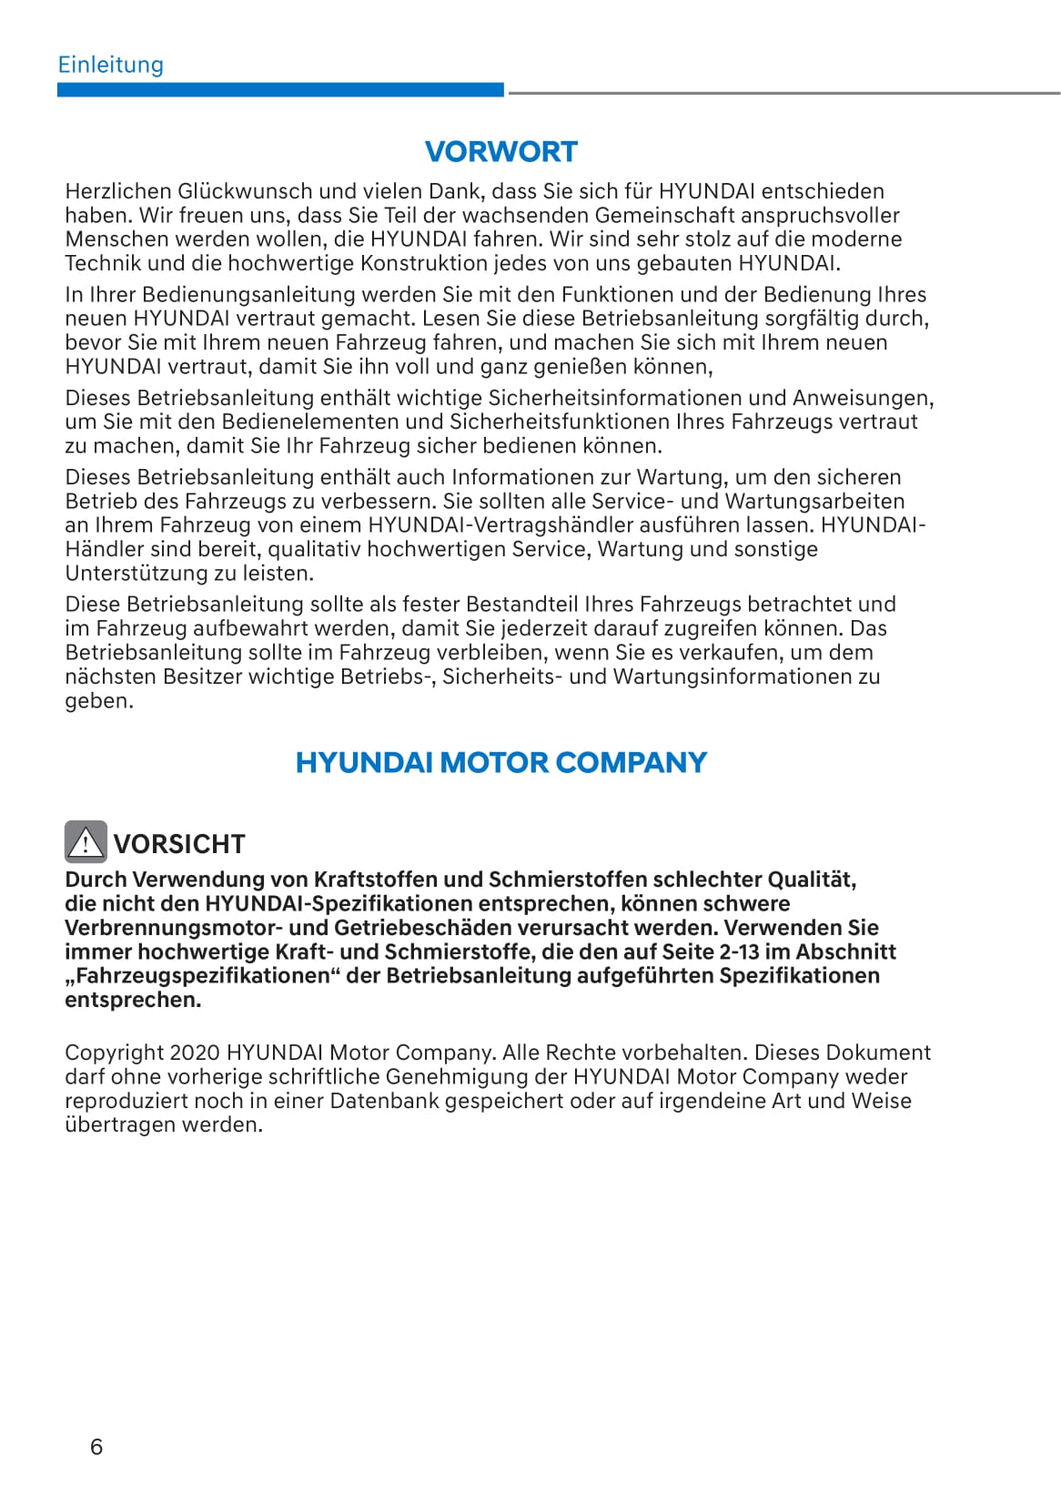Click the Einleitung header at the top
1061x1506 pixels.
click(x=110, y=65)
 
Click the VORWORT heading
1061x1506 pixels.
click(x=500, y=151)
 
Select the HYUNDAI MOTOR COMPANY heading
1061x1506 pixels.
click(x=500, y=762)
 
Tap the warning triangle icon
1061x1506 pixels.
click(x=86, y=842)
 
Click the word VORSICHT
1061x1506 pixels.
click(x=179, y=844)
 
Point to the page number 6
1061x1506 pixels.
click(x=96, y=1447)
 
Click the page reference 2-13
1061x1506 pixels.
click(x=741, y=952)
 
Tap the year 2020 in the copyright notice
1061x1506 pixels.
click(x=195, y=1053)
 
